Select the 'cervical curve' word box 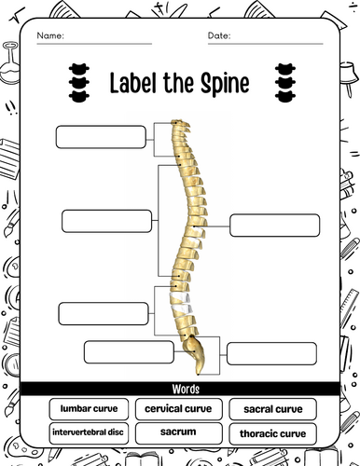(x=179, y=408)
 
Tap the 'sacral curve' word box (x=272, y=409)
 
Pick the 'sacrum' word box (x=179, y=432)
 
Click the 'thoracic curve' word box (x=272, y=433)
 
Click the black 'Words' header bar (x=180, y=389)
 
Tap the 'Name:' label (x=50, y=36)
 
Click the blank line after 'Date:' (x=275, y=41)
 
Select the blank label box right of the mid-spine (x=274, y=226)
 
